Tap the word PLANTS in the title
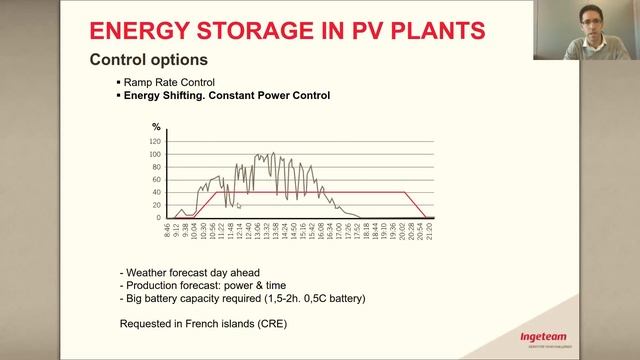point(432,29)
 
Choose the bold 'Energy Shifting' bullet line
point(225,96)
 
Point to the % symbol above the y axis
point(155,127)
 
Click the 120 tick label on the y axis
point(155,141)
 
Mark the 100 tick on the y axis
point(155,154)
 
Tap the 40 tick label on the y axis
point(157,192)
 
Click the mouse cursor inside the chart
point(239,206)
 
